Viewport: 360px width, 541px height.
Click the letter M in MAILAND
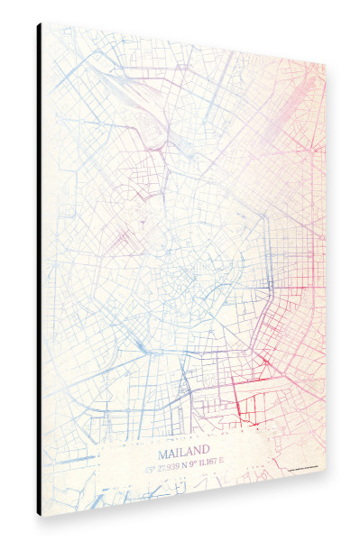pos(162,448)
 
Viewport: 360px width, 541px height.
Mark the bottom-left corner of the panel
pos(42,516)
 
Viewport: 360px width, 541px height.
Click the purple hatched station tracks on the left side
pos(122,239)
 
